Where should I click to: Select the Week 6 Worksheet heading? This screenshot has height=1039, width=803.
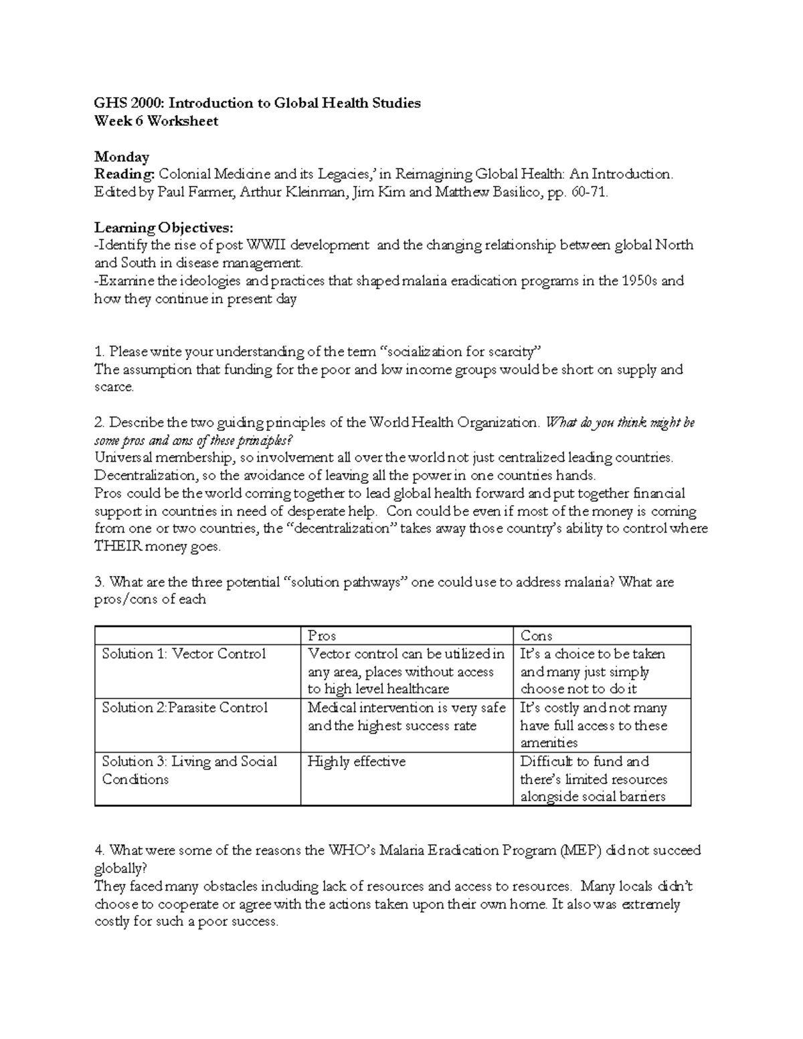pyautogui.click(x=156, y=121)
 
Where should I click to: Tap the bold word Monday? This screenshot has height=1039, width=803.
pyautogui.click(x=121, y=157)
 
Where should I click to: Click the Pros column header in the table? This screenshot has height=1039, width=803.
pyautogui.click(x=321, y=636)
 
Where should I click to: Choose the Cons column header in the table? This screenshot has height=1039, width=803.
pyautogui.click(x=536, y=636)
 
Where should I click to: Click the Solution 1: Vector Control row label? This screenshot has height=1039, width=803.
pyautogui.click(x=184, y=654)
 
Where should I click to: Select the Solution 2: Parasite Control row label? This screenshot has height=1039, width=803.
pyautogui.click(x=185, y=708)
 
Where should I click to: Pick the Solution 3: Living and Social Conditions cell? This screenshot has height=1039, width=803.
pyautogui.click(x=189, y=770)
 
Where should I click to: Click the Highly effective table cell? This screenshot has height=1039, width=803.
pyautogui.click(x=356, y=761)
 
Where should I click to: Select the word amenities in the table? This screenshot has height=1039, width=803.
pyautogui.click(x=549, y=743)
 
